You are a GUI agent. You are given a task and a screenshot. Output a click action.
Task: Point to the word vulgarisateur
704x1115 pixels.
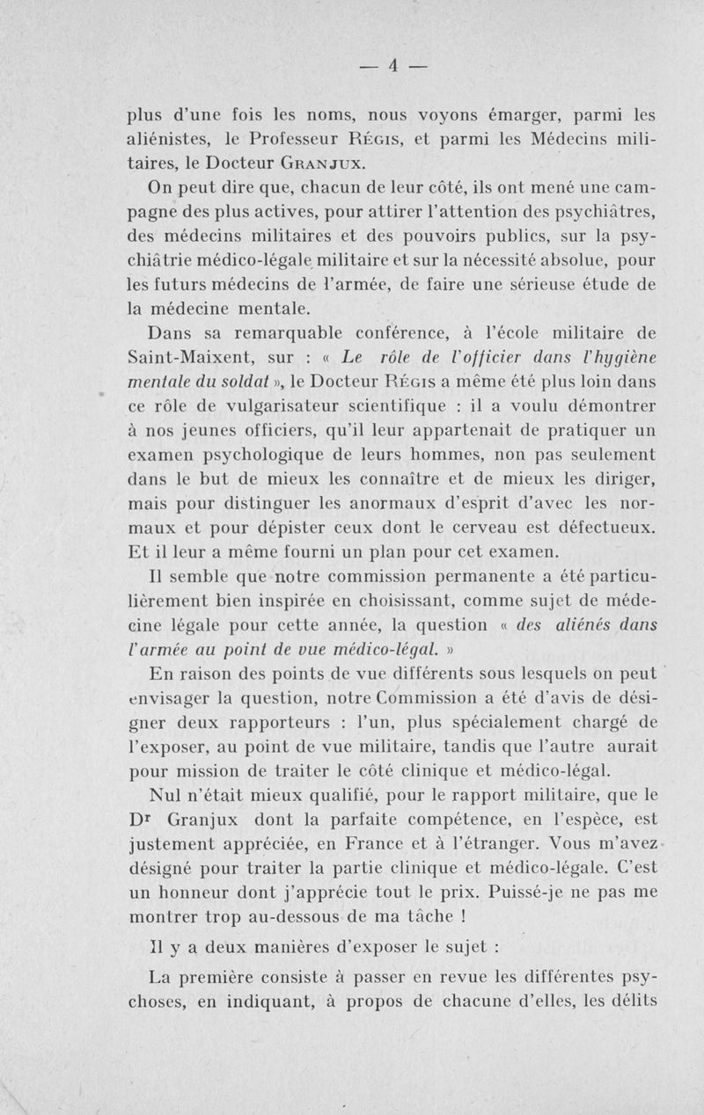click(253, 407)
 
